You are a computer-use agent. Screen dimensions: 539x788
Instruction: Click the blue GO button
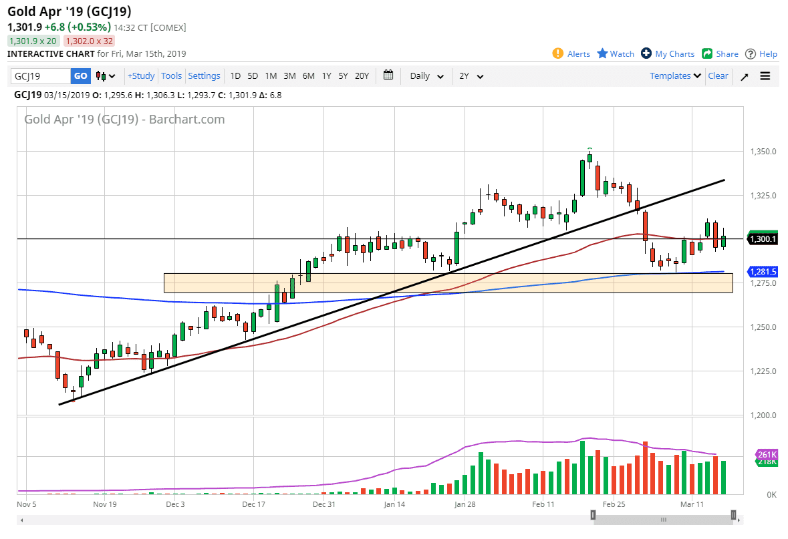point(80,76)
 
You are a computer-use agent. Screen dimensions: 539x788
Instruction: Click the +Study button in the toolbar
point(141,76)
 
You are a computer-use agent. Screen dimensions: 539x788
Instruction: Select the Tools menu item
point(172,76)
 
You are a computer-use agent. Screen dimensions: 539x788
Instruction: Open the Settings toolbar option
point(204,76)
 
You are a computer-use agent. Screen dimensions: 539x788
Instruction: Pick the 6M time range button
point(308,76)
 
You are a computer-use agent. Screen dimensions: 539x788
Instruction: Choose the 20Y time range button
point(362,76)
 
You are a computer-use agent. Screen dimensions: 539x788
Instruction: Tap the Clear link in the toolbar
point(718,76)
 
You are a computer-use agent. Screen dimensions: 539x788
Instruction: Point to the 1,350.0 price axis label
point(763,152)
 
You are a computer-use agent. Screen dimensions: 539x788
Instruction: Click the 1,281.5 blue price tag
point(763,272)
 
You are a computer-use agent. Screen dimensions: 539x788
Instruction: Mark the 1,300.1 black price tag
point(763,239)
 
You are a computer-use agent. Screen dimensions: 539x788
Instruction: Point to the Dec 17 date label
point(254,504)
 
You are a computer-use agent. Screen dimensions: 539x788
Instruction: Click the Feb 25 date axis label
point(614,504)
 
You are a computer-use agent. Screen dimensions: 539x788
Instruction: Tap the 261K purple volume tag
point(767,455)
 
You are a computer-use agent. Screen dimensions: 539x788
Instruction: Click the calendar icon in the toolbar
point(388,75)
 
